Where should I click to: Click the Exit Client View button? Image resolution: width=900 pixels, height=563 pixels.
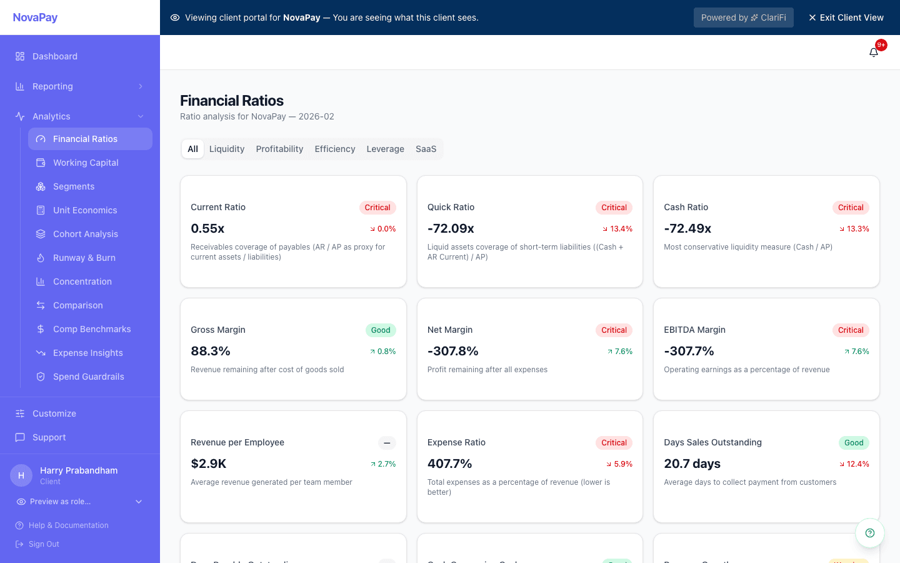tap(846, 18)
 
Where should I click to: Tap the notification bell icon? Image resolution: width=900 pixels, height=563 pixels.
tap(874, 53)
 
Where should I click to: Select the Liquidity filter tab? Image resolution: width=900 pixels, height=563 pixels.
tap(227, 149)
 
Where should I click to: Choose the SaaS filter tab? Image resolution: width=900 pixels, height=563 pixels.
tap(426, 149)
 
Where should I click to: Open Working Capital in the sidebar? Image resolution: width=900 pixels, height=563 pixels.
tap(86, 163)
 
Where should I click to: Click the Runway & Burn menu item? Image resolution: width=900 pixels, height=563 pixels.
tap(84, 258)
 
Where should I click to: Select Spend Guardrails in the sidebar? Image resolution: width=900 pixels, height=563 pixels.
tap(88, 377)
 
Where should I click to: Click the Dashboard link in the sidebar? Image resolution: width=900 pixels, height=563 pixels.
tap(55, 56)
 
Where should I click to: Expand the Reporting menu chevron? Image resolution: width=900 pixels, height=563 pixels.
tap(141, 86)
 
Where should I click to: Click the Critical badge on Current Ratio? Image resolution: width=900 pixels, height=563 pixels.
tap(377, 208)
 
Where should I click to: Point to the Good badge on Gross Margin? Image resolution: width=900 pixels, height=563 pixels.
tap(381, 330)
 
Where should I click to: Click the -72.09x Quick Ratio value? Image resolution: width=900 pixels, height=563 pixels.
tap(451, 228)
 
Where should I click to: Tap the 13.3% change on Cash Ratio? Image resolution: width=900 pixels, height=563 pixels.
tap(854, 229)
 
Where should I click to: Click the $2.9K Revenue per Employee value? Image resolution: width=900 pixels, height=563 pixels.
tap(208, 464)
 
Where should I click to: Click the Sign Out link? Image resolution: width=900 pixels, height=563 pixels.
tap(44, 544)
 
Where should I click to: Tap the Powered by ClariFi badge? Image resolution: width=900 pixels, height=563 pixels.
tap(743, 18)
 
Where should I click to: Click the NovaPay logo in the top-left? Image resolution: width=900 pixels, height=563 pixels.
tap(35, 18)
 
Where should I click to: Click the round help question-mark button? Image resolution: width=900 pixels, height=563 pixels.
tap(869, 533)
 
